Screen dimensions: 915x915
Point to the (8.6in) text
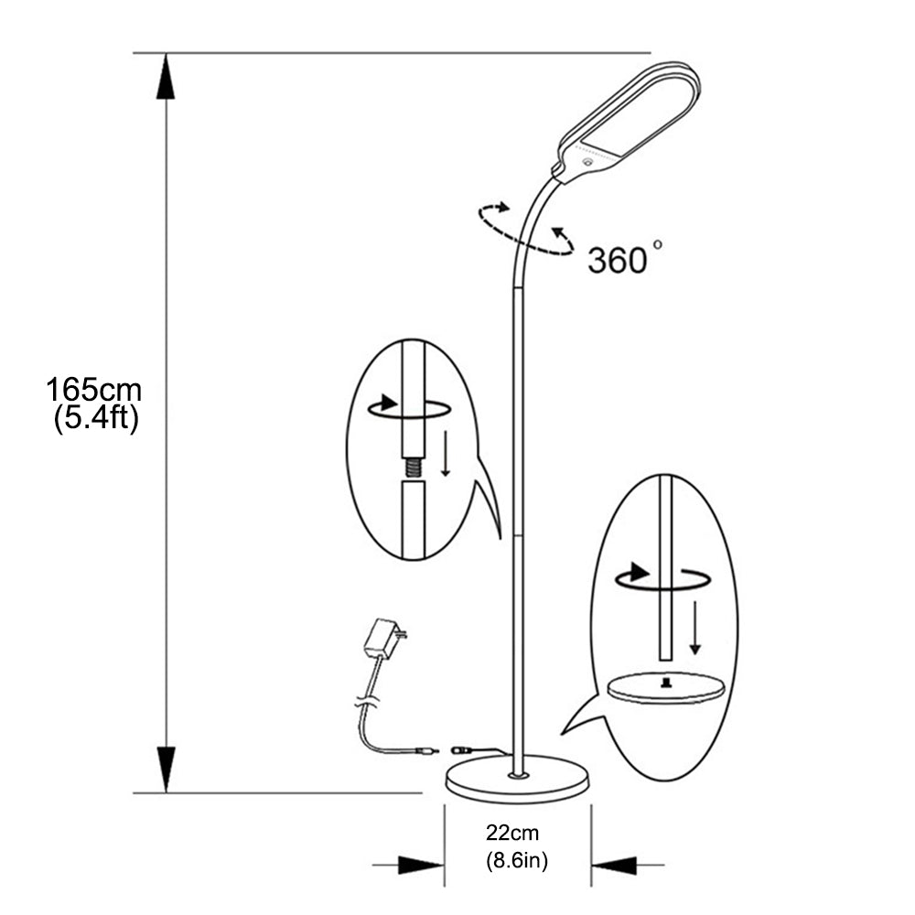point(517,860)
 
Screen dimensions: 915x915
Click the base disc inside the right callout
point(666,688)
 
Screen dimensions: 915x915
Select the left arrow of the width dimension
point(412,864)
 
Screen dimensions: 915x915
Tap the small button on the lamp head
point(586,162)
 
